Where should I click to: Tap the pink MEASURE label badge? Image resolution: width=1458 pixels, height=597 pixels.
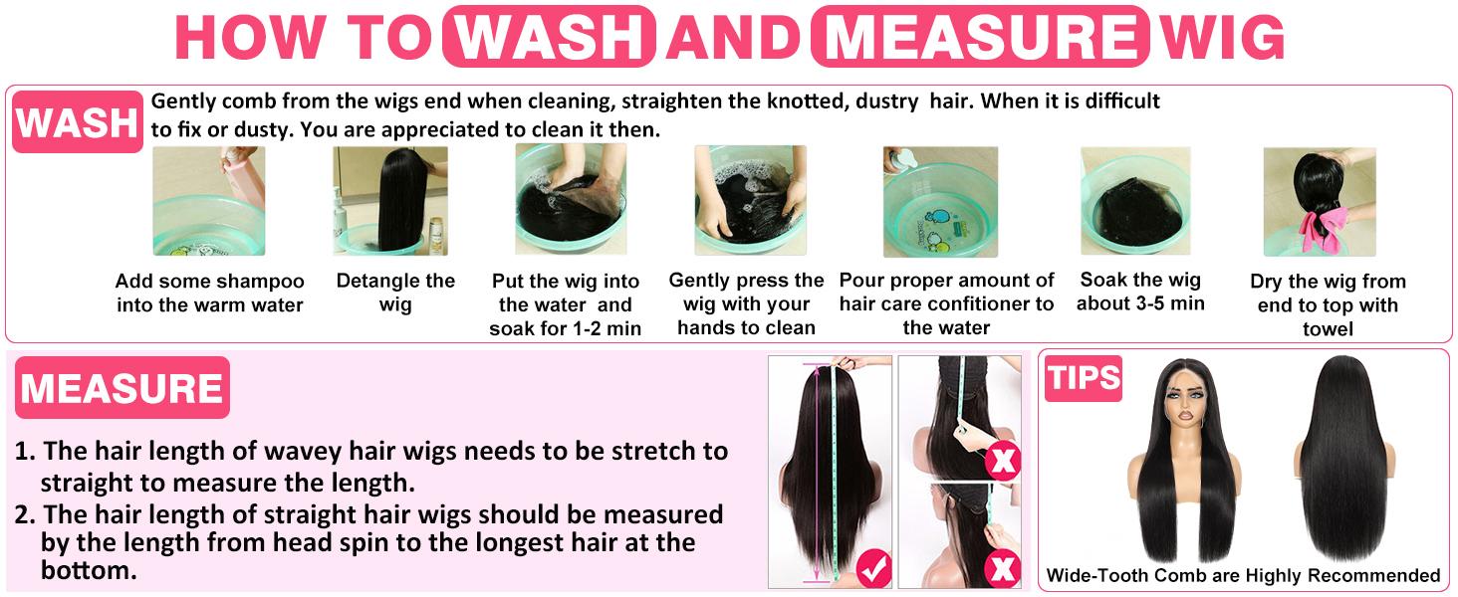(121, 388)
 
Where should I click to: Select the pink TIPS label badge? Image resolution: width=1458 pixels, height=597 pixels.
(1083, 379)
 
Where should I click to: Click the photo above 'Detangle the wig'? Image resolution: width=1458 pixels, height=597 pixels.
(389, 201)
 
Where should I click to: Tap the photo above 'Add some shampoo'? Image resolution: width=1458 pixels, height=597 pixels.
(209, 201)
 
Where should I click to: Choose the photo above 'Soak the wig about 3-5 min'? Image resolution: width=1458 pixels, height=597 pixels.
(1136, 201)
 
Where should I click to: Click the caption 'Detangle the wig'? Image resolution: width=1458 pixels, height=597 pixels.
(394, 293)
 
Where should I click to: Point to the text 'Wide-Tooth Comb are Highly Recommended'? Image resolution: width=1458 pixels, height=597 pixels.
(1243, 575)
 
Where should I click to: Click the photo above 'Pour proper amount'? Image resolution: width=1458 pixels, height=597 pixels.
(940, 201)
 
